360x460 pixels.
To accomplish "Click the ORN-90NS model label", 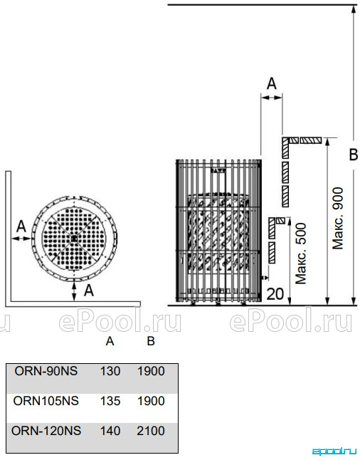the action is click(46, 371).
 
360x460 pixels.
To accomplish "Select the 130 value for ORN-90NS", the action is click(110, 371).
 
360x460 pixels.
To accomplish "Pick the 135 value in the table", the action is click(110, 401).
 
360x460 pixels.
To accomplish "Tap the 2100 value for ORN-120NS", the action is click(151, 431).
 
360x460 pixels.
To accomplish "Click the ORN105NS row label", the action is click(46, 401).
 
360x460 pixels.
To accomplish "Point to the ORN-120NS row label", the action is click(46, 431).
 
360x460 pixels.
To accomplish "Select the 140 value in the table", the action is click(110, 431).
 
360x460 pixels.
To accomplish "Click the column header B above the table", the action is click(151, 341).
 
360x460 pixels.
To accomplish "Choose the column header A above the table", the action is click(110, 341).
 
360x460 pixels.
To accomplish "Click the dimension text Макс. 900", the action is click(338, 219).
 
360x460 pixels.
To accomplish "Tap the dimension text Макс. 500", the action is click(301, 253).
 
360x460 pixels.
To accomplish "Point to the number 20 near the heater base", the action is click(275, 294).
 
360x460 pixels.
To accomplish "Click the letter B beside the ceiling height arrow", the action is click(354, 155).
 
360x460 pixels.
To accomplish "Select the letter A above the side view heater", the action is click(272, 83).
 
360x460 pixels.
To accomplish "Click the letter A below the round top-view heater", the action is click(89, 291).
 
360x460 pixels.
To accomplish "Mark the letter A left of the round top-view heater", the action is click(21, 226).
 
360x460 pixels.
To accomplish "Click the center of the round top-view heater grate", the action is click(74, 239).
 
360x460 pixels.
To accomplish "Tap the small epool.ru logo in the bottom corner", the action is click(334, 451).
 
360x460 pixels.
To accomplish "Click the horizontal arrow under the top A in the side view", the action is click(272, 98).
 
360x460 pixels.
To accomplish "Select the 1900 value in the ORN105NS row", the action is click(151, 401).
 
